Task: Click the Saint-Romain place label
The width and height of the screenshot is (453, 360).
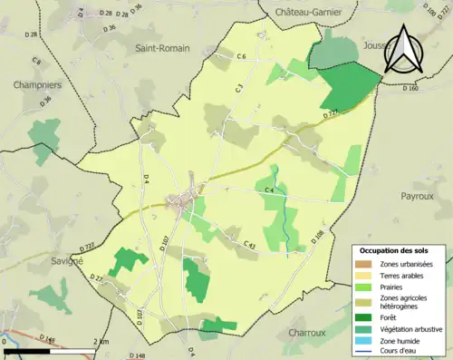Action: pos(161,47)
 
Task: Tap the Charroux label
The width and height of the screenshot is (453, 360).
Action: pos(306,333)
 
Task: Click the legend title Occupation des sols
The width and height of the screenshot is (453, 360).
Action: pos(395,249)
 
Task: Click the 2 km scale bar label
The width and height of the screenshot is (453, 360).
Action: pos(101,341)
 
